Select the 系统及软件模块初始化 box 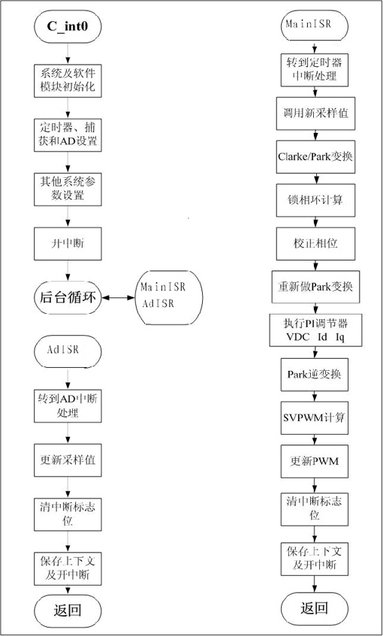coord(68,80)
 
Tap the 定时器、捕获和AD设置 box coord(68,135)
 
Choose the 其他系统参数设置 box coord(68,188)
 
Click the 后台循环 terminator coord(68,298)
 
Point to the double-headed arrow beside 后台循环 coord(118,298)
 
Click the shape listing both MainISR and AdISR coord(168,297)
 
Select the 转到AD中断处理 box coord(68,406)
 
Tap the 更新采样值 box coord(68,460)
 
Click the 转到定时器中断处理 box coord(315,69)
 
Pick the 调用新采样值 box coord(315,113)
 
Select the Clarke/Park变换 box coord(315,157)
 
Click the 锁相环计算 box coord(315,200)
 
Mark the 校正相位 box coord(315,243)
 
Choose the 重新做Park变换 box coord(315,287)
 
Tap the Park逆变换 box coord(315,375)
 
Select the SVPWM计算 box coord(315,417)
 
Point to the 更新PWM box coord(315,461)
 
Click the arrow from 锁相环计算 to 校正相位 coord(315,222)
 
